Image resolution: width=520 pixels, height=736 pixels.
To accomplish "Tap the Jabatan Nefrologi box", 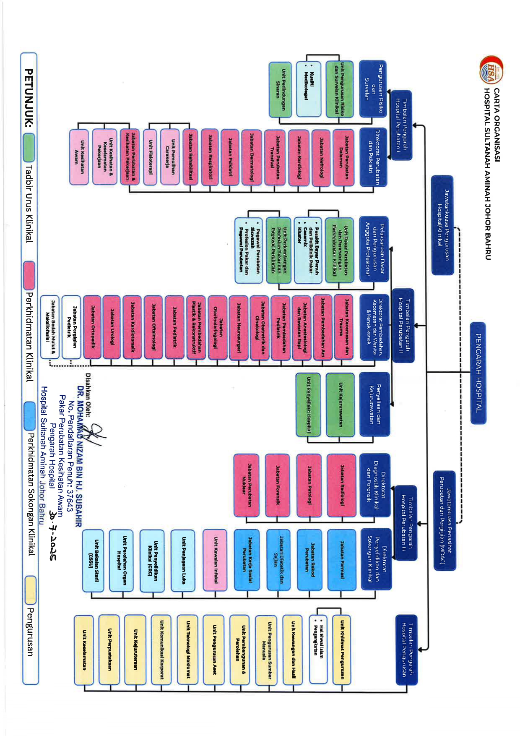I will (321, 157).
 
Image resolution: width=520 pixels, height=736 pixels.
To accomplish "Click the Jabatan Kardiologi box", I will (299, 157).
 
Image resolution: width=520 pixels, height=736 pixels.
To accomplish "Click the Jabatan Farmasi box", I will (342, 560).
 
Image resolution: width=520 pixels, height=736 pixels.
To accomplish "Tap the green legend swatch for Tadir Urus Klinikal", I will (29, 147).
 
